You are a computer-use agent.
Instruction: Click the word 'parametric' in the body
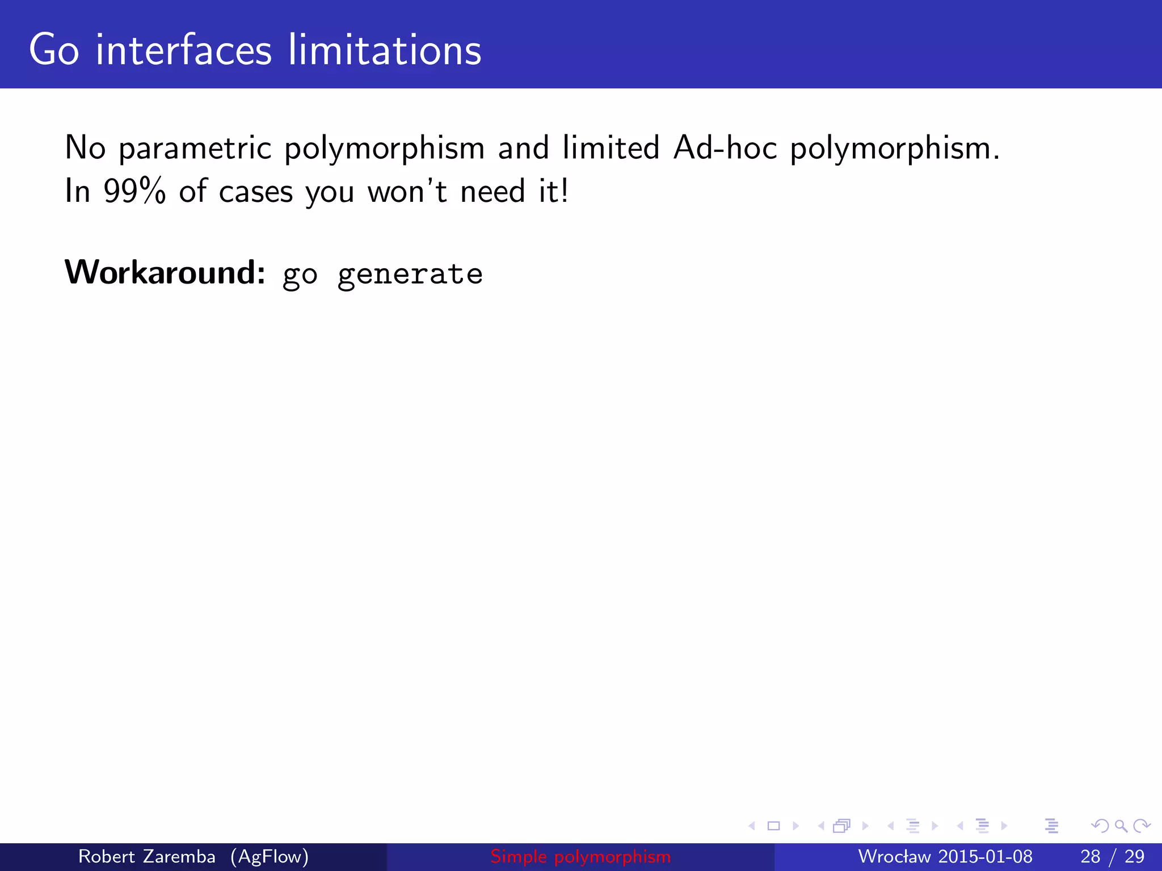tap(195, 149)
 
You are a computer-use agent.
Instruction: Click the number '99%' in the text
tap(134, 191)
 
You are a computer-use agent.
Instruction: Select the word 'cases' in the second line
tap(256, 192)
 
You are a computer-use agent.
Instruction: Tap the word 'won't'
tap(407, 191)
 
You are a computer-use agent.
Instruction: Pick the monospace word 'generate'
tap(410, 275)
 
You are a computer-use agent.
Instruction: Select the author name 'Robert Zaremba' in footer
tap(146, 856)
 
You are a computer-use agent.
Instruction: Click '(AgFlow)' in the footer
tap(270, 856)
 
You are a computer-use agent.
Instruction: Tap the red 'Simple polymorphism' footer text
tap(580, 856)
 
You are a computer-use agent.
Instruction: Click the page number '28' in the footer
tap(1090, 856)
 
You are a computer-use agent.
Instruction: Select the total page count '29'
tap(1134, 856)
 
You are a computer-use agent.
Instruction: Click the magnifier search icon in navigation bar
tap(1121, 826)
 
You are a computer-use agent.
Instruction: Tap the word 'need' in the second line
tap(492, 191)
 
